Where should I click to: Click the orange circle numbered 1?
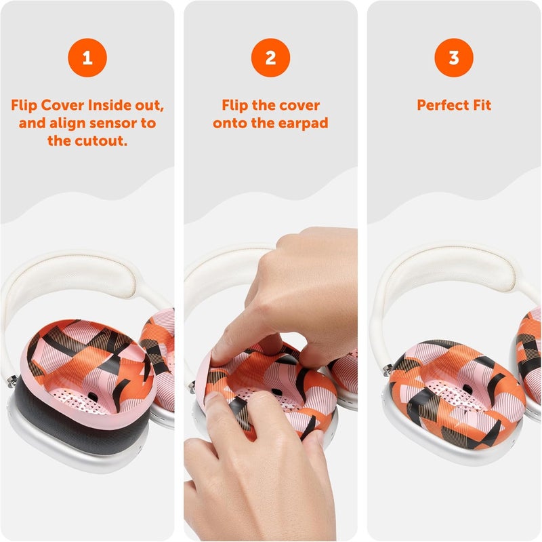click(x=87, y=58)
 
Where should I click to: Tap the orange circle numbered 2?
click(x=270, y=58)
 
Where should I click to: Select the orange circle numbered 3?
click(x=453, y=58)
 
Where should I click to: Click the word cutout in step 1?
click(x=104, y=140)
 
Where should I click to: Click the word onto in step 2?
click(x=231, y=123)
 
